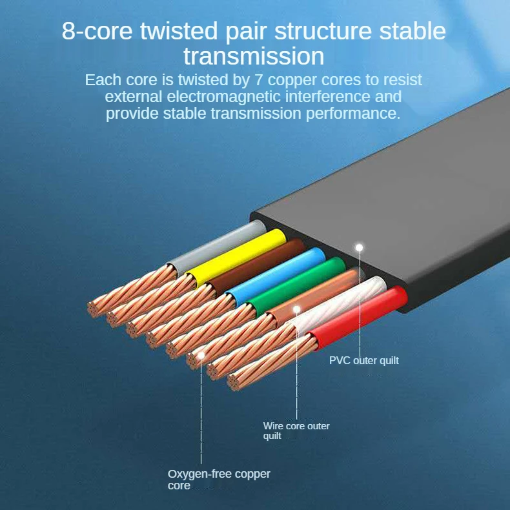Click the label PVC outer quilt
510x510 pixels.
point(364,360)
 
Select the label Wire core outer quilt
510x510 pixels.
point(296,431)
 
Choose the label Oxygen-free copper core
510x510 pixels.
point(218,479)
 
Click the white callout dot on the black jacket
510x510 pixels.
point(360,247)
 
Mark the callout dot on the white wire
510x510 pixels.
point(297,310)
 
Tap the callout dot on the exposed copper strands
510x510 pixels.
point(201,354)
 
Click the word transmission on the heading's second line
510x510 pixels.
point(254,56)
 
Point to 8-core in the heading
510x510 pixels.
point(99,31)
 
